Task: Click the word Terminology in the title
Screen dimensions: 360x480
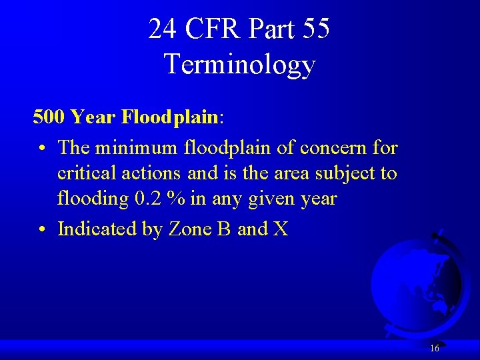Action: [239, 65]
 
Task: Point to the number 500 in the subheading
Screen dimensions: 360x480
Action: [48, 117]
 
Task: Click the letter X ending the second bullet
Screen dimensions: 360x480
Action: [280, 229]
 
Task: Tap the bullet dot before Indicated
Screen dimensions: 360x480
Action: [42, 230]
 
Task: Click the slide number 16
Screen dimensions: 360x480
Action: [435, 348]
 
